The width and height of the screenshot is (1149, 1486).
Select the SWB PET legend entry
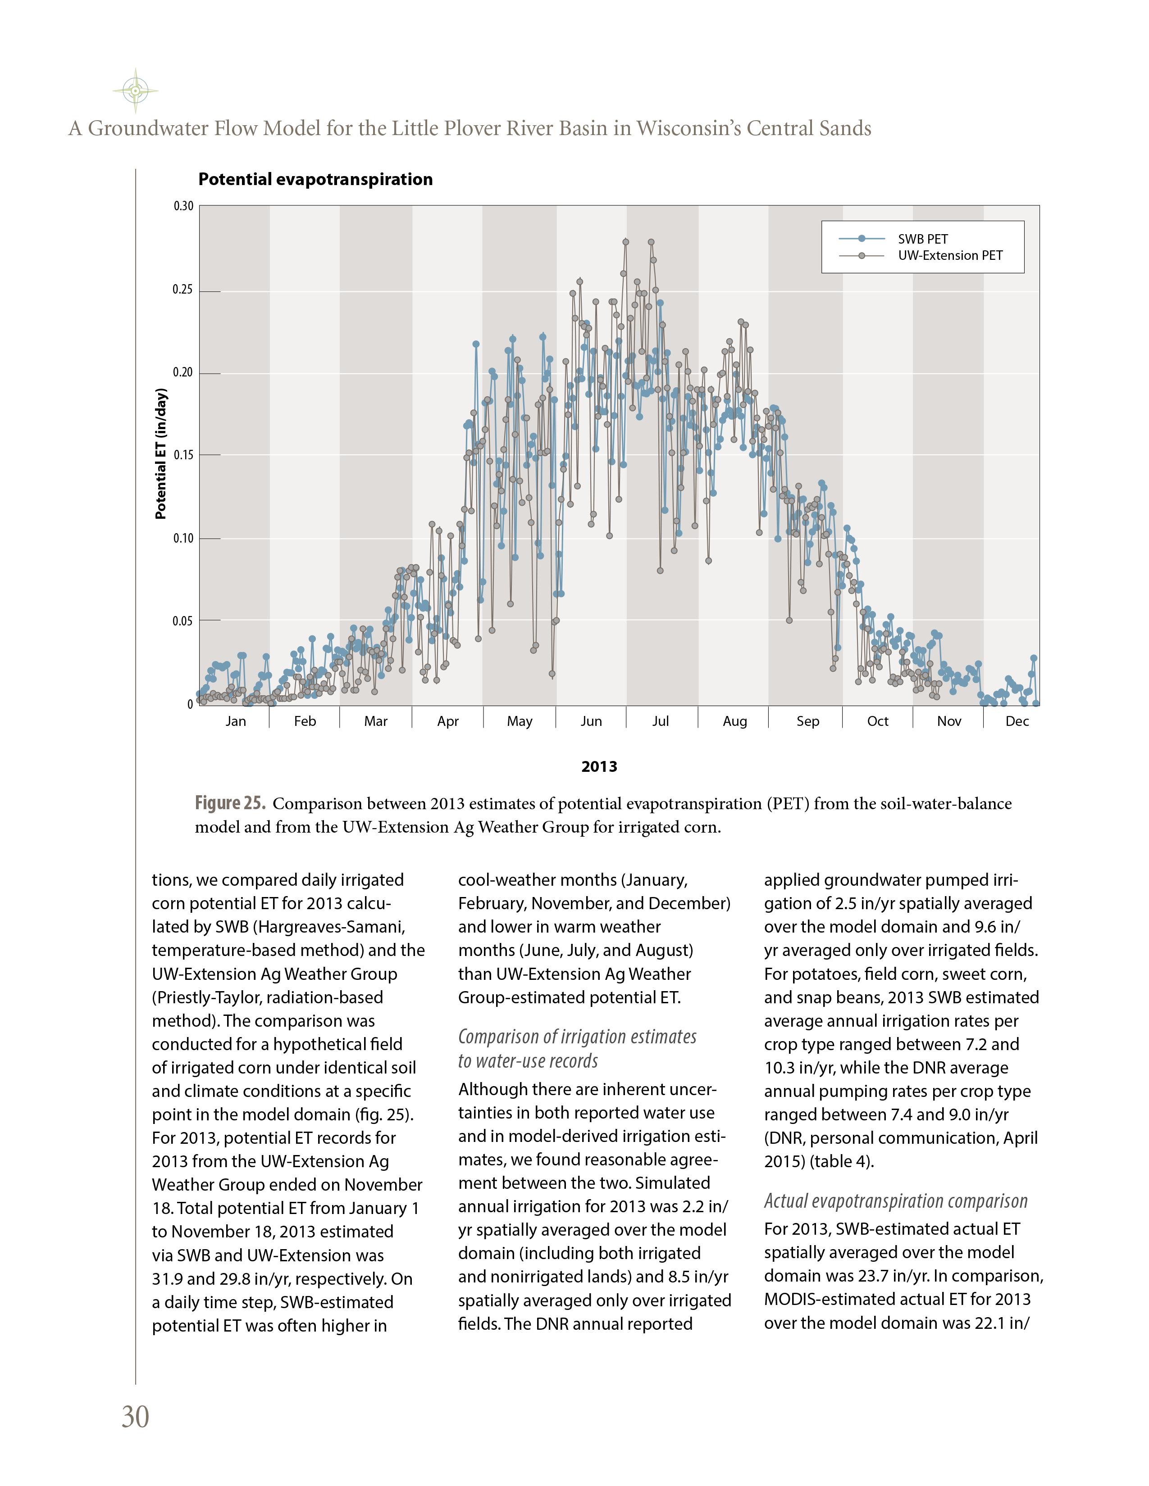tap(922, 239)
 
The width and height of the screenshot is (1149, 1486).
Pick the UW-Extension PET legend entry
tap(949, 256)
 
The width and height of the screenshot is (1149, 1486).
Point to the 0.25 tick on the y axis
tap(182, 290)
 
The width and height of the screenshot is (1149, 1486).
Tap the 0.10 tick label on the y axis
tap(182, 538)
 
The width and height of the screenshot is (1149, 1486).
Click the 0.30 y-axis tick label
tap(183, 206)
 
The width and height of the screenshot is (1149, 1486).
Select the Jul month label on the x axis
tap(660, 721)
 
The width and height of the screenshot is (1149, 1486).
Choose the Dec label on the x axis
tap(1017, 721)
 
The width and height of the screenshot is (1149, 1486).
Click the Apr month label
tap(448, 721)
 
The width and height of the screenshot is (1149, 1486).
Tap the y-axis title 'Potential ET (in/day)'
tap(161, 454)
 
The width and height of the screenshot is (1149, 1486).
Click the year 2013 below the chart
tap(599, 767)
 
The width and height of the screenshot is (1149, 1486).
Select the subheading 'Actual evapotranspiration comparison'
tap(895, 1201)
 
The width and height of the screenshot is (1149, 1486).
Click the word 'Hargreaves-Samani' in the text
tap(331, 927)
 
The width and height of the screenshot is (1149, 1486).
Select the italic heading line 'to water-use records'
tap(528, 1061)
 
